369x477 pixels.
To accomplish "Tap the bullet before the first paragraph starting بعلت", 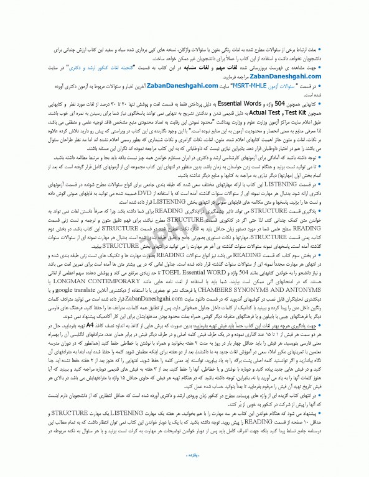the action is (348, 47).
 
